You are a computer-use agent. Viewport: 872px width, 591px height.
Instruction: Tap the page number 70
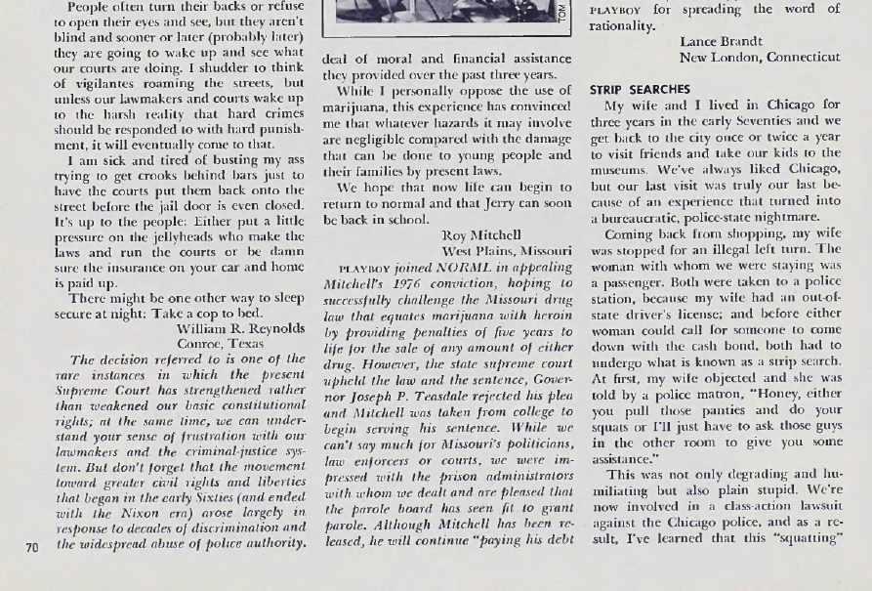[31, 546]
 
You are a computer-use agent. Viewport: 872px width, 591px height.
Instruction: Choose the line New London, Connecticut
[760, 57]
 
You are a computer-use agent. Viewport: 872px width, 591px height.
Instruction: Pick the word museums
[619, 168]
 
